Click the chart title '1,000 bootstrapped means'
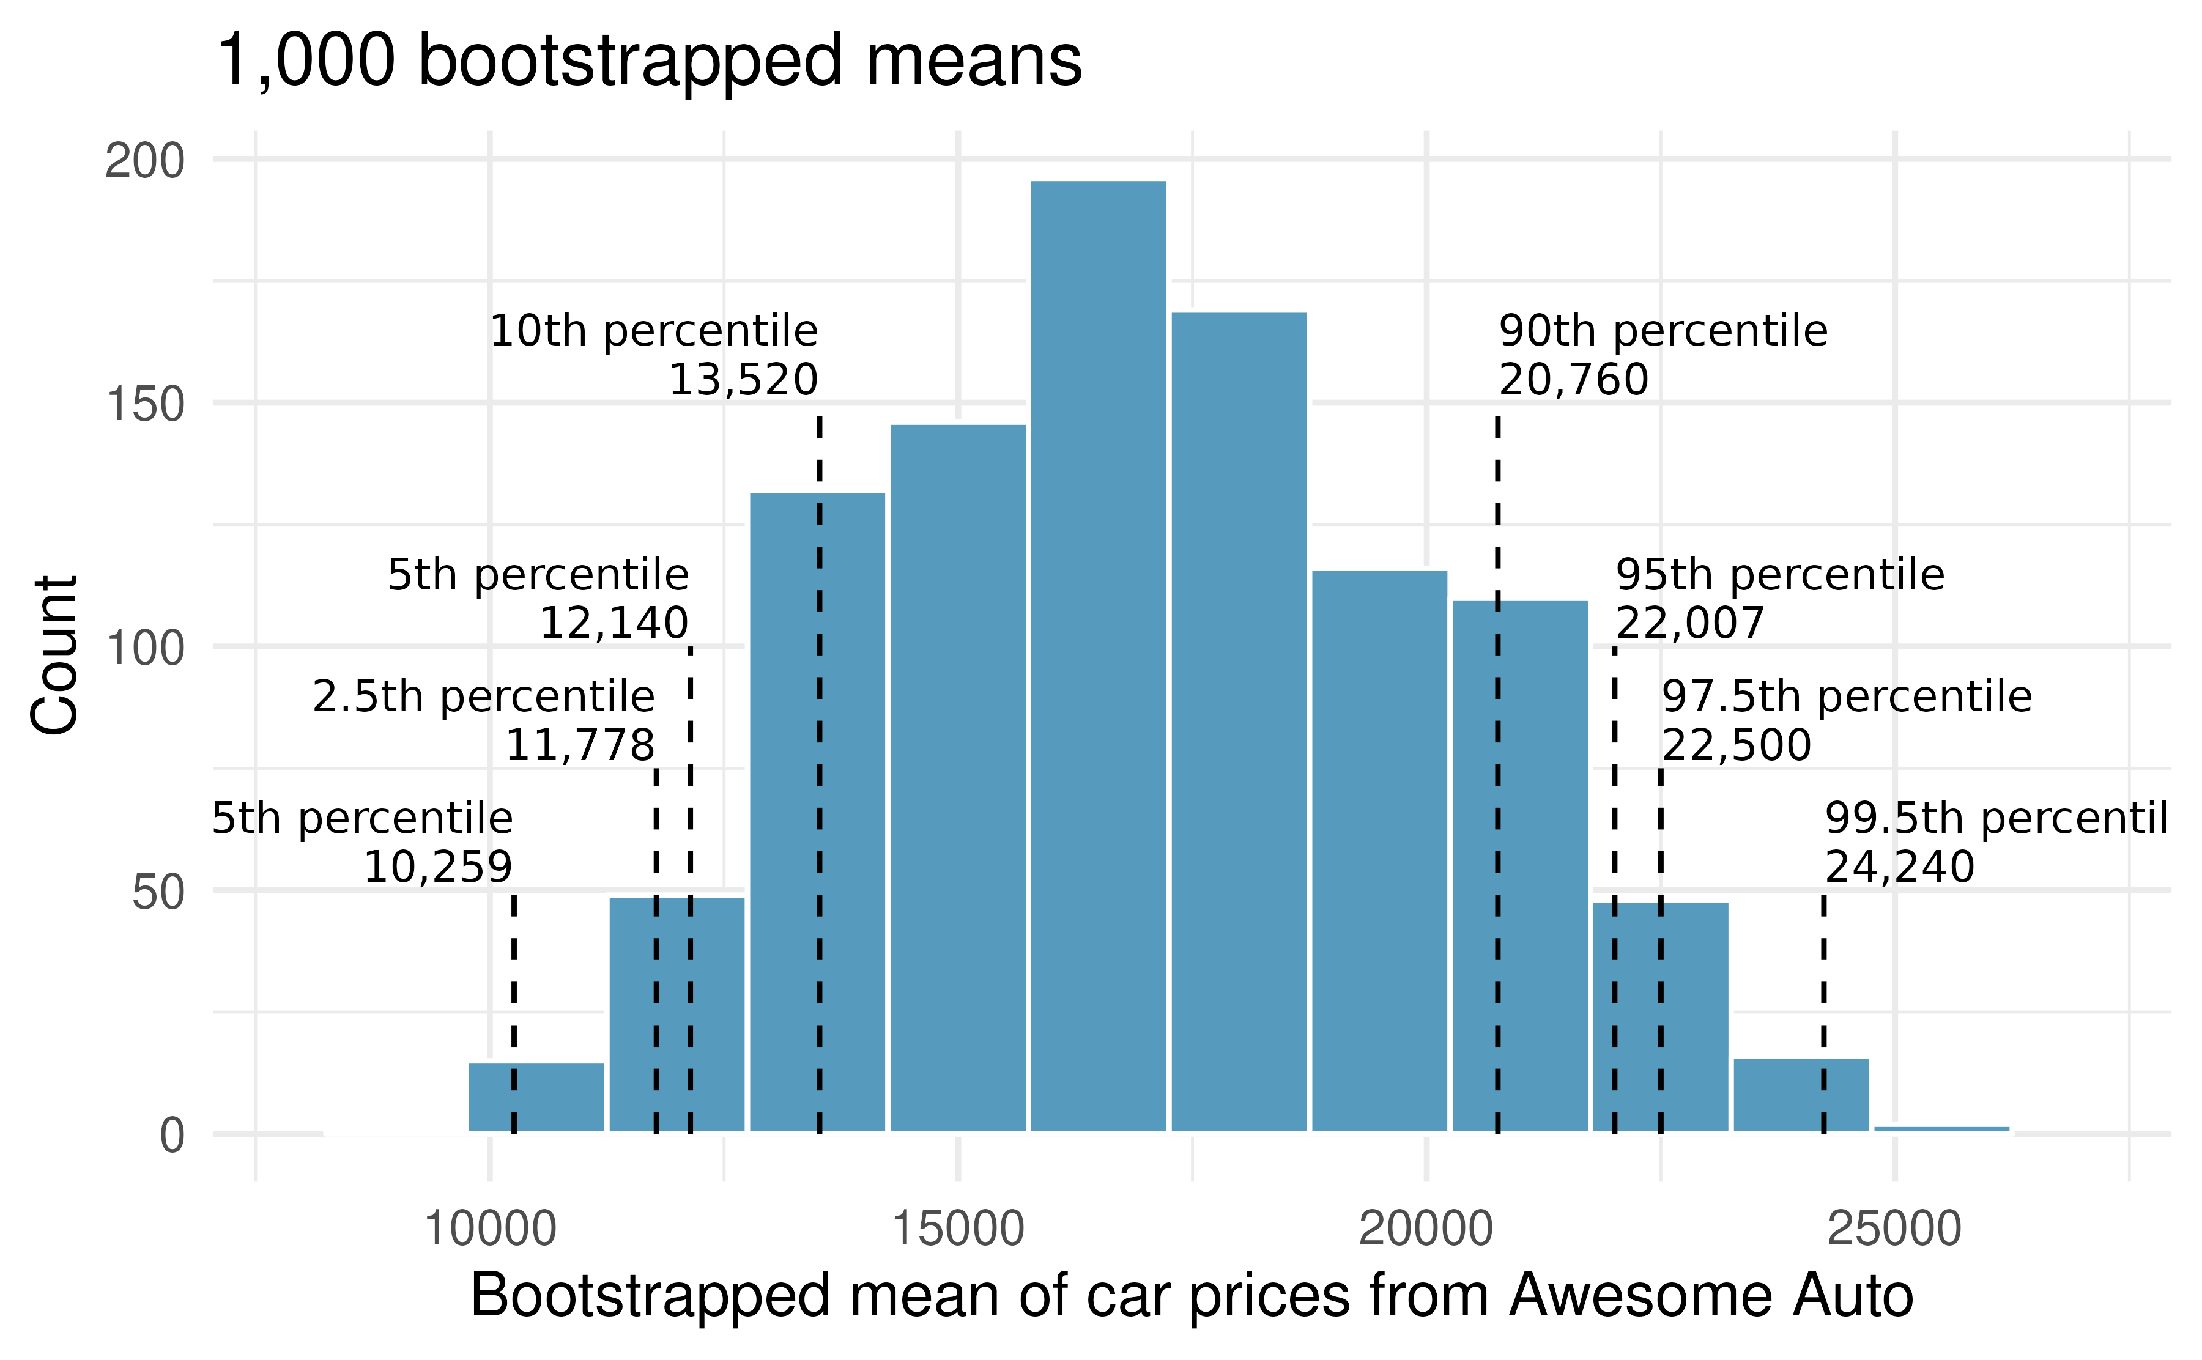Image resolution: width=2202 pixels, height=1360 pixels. click(648, 61)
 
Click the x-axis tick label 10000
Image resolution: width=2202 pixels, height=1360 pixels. click(489, 1229)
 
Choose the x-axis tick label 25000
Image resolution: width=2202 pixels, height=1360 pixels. click(1894, 1229)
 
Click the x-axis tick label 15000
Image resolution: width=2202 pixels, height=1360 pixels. click(958, 1229)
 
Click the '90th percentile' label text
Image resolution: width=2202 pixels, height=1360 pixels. click(1663, 331)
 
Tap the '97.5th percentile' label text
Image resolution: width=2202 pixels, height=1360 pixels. click(1846, 696)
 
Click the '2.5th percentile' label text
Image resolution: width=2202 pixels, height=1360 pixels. click(483, 696)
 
